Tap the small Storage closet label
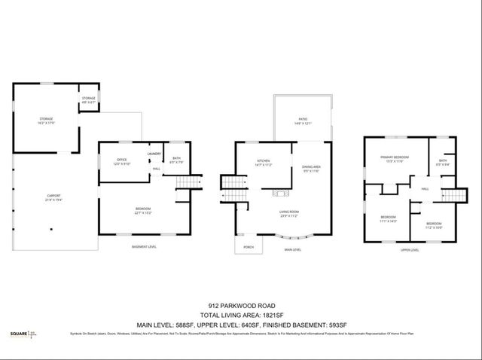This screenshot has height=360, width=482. point(89,99)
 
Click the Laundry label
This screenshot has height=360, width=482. point(155,154)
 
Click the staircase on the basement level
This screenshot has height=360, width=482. point(187,183)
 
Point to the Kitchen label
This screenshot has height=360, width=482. point(263,163)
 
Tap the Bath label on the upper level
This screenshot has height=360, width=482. point(443,161)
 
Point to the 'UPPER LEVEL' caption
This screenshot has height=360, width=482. point(410,249)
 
